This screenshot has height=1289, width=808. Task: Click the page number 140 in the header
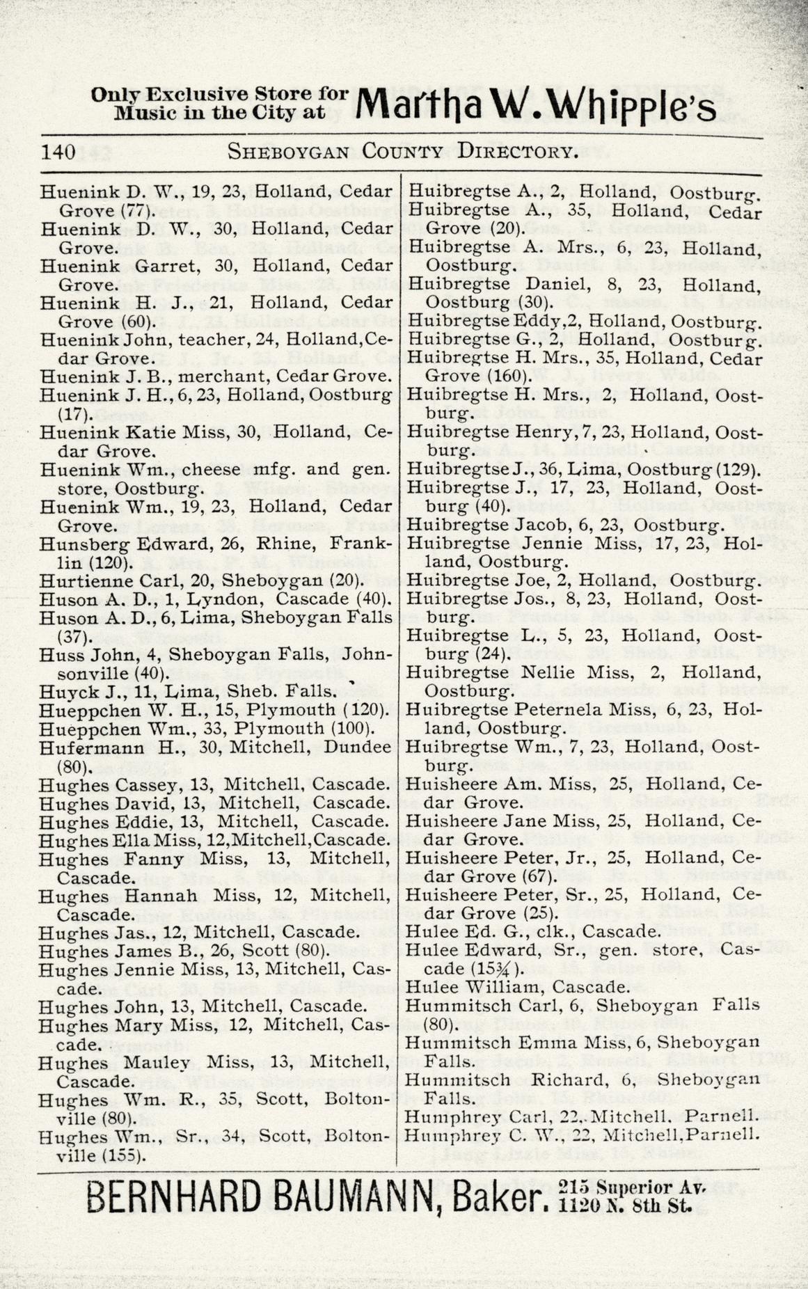(x=58, y=152)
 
